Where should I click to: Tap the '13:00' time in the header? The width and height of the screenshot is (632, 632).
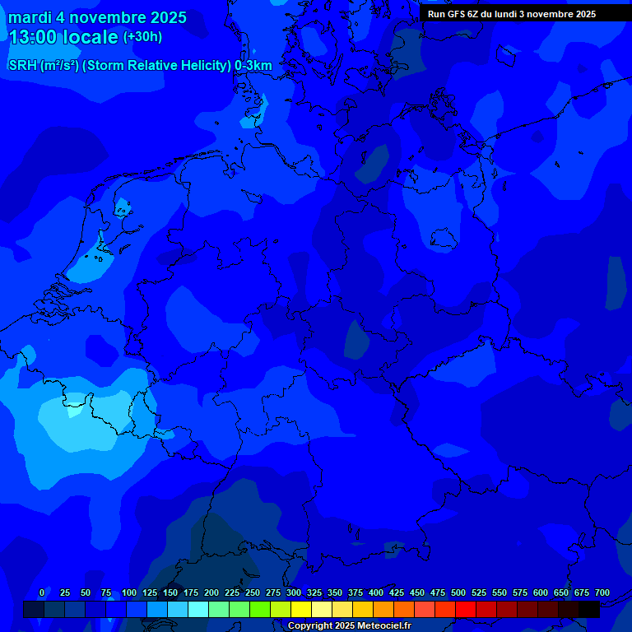(32, 37)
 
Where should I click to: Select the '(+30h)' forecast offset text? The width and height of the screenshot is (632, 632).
(142, 37)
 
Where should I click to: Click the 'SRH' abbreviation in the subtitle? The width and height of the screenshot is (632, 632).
(21, 66)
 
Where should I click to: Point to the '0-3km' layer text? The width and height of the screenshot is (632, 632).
(253, 66)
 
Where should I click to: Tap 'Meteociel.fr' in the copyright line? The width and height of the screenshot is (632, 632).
(384, 625)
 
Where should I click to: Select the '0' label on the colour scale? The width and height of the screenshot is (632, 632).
(42, 592)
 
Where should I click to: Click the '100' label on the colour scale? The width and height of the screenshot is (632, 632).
(129, 592)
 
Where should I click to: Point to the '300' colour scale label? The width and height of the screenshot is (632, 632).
(294, 592)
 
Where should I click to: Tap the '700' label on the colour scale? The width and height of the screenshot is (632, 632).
(602, 592)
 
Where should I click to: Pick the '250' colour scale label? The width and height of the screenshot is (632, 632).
(253, 592)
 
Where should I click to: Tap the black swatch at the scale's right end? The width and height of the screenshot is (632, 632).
(589, 609)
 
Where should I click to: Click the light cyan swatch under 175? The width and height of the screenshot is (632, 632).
(198, 609)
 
